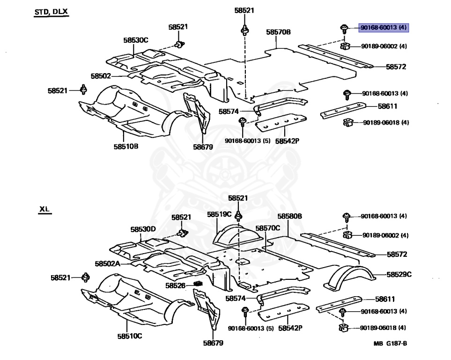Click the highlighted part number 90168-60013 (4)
pyautogui.click(x=384, y=28)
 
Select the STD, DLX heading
pyautogui.click(x=51, y=12)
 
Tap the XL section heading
pyautogui.click(x=44, y=210)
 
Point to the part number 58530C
pyautogui.click(x=136, y=40)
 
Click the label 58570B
pyautogui.click(x=278, y=32)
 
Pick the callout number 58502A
pyautogui.click(x=107, y=264)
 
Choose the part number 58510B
pyautogui.click(x=126, y=146)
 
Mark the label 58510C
pyautogui.click(x=129, y=336)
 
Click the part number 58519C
pyautogui.click(x=219, y=214)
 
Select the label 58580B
pyautogui.click(x=289, y=216)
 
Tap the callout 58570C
pyautogui.click(x=267, y=228)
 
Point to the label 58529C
pyautogui.click(x=399, y=274)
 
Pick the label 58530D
pyautogui.click(x=143, y=229)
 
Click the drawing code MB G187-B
pyautogui.click(x=390, y=344)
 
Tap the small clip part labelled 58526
pyautogui.click(x=197, y=284)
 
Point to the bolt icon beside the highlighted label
pyautogui.click(x=344, y=29)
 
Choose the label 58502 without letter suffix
pyautogui.click(x=101, y=76)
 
